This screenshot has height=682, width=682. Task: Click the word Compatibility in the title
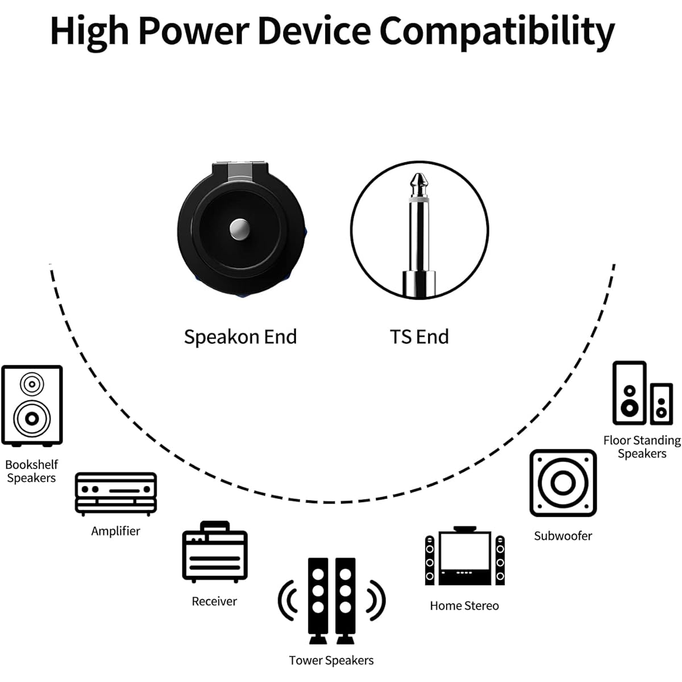[497, 32]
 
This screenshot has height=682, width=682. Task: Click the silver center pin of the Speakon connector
[240, 229]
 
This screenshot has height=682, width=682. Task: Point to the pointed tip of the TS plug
[419, 174]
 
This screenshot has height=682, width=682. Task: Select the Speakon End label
[240, 337]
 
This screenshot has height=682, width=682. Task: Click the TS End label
[419, 336]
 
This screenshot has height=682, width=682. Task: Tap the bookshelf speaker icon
[32, 406]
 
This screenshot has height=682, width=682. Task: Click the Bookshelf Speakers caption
[31, 471]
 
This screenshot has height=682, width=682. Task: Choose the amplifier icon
[116, 494]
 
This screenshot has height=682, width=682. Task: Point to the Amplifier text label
[116, 531]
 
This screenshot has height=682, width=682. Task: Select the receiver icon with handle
[215, 552]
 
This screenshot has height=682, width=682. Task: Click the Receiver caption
[214, 601]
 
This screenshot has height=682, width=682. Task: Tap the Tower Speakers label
[331, 660]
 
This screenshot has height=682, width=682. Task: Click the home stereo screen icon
[465, 556]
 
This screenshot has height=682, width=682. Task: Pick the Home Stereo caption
[464, 605]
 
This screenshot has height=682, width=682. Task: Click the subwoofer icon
[563, 483]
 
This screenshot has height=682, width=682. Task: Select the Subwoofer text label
[563, 536]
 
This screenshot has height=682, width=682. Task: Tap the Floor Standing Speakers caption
[642, 447]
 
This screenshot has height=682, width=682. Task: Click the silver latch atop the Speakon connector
[240, 172]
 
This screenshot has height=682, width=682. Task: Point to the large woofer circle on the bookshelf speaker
[32, 419]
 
